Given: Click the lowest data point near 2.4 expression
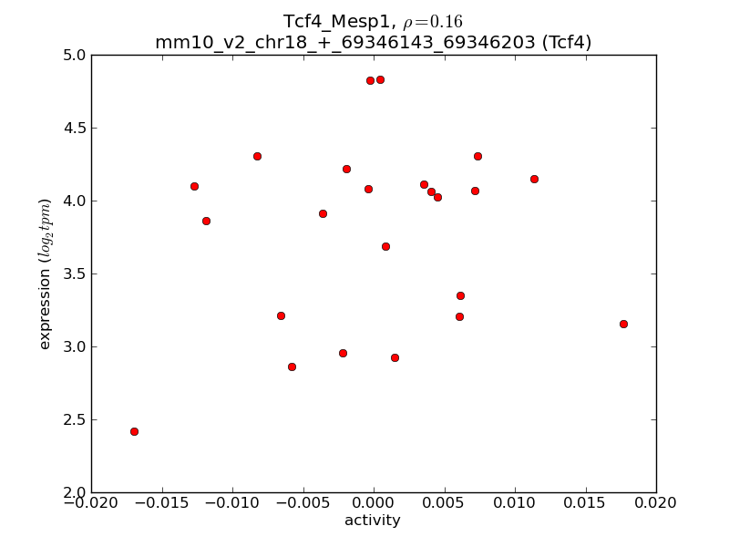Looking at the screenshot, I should [x=134, y=431].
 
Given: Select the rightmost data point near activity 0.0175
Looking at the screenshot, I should [x=623, y=324].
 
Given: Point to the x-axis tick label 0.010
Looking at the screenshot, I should [x=515, y=502].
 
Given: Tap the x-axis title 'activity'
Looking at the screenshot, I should [x=373, y=521].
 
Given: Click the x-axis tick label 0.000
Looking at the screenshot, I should [x=374, y=502].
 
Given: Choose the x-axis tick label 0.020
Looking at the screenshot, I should [x=656, y=502].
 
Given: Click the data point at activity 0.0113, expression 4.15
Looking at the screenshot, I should [x=534, y=179].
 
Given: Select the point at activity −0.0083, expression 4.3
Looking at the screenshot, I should [x=257, y=156].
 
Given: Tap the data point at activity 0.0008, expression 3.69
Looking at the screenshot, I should [x=385, y=246].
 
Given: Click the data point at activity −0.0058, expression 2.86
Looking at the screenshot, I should [x=292, y=366].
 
